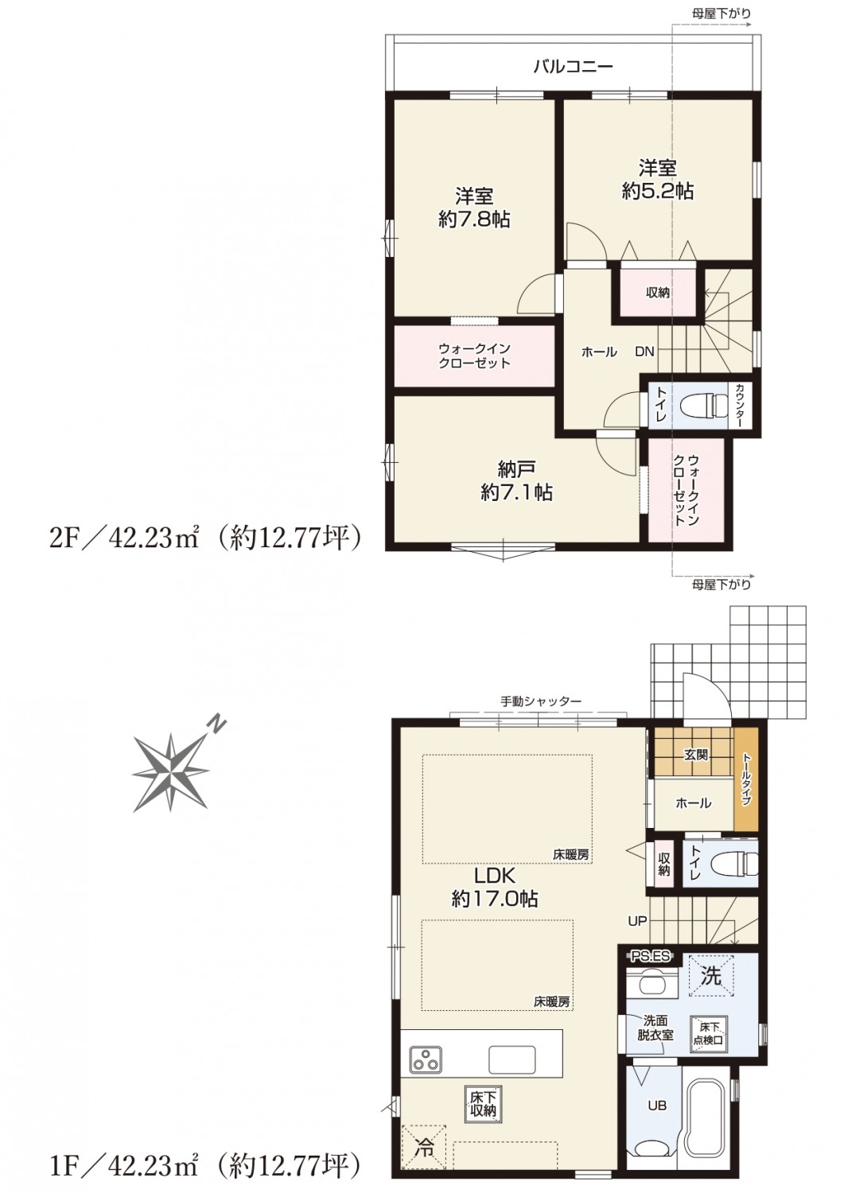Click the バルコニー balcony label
574,67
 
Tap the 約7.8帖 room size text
473,220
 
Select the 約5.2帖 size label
658,191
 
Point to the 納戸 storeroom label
516,469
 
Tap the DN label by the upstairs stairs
644,352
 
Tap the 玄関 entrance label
696,754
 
